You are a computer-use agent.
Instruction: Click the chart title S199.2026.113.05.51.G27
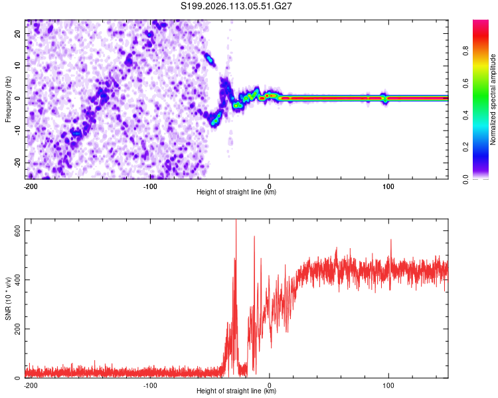[x=237, y=6]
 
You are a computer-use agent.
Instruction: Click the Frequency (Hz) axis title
[x=8, y=99]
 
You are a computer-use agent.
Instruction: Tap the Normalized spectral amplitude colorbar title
[x=493, y=99]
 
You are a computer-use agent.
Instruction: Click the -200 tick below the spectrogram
[x=31, y=186]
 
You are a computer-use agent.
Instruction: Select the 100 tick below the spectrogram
[x=388, y=186]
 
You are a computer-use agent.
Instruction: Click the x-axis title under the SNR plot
[x=237, y=391]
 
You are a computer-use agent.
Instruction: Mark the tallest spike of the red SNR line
[x=236, y=222]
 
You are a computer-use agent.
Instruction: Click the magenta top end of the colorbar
[x=481, y=23]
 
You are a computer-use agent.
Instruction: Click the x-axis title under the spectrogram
[x=237, y=192]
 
